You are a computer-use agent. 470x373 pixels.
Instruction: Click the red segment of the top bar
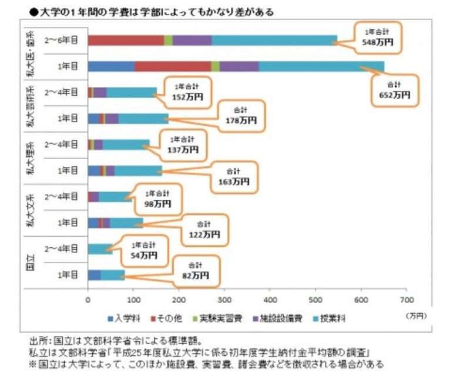tap(126, 40)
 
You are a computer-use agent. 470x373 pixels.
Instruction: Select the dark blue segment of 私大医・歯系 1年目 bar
tap(111, 66)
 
